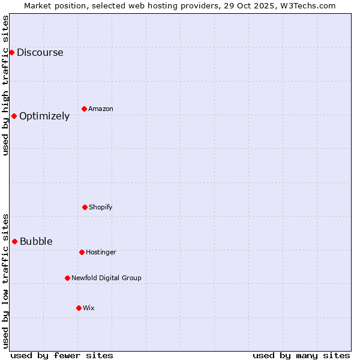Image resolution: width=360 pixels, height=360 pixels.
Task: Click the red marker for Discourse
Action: (x=11, y=52)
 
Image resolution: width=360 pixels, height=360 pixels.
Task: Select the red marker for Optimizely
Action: (x=14, y=116)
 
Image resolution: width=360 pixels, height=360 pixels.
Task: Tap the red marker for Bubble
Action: (x=14, y=241)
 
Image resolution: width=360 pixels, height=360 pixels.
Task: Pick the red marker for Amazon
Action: (x=84, y=109)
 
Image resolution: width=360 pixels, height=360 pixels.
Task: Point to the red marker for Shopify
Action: (x=85, y=207)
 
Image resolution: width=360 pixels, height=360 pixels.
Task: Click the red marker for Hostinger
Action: (x=82, y=252)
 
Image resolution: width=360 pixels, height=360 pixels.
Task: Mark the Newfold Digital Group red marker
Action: (x=67, y=278)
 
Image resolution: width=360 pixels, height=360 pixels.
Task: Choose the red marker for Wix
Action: (x=79, y=308)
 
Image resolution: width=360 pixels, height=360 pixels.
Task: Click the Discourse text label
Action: (x=40, y=52)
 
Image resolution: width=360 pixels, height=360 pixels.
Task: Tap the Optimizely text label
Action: (x=44, y=116)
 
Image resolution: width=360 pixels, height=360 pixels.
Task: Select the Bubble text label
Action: (x=36, y=241)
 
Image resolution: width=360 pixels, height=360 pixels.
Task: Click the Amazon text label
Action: (x=101, y=109)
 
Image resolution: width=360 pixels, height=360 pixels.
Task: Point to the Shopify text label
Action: (x=101, y=207)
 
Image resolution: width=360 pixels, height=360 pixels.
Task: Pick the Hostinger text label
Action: (x=101, y=252)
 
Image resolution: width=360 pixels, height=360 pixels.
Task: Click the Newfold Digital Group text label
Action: (x=106, y=278)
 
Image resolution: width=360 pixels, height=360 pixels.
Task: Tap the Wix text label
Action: (x=89, y=308)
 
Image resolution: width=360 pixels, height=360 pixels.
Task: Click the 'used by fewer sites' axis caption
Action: (x=62, y=355)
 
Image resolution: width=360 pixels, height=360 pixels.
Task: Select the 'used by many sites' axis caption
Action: (x=301, y=355)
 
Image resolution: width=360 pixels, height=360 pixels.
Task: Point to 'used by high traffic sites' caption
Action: (x=5, y=85)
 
